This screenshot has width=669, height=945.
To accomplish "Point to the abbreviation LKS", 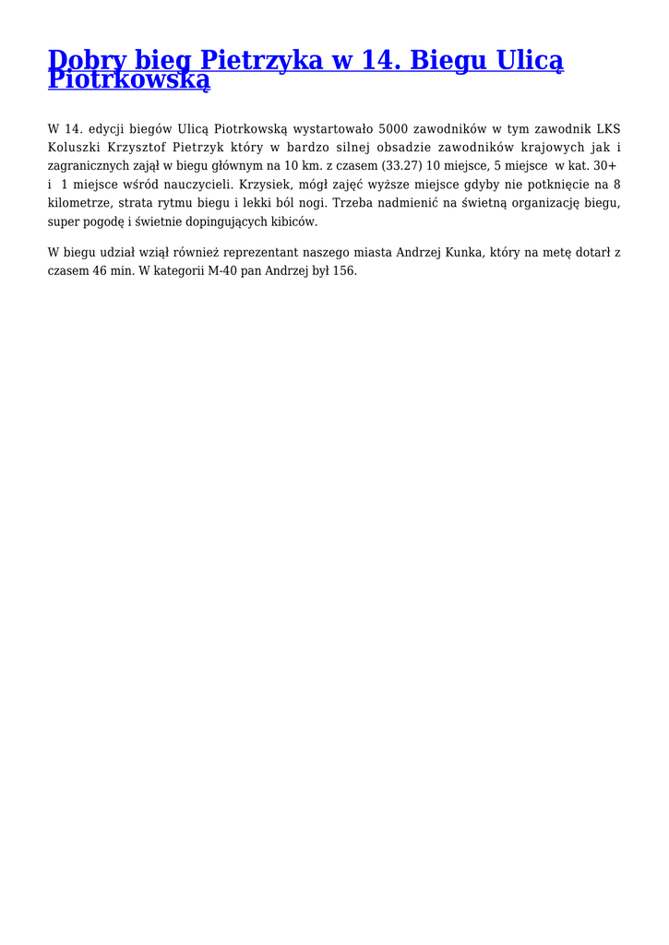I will (x=607, y=129).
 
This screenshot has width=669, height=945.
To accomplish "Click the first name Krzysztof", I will (x=138, y=148).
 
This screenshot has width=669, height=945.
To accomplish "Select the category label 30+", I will (x=604, y=166).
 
